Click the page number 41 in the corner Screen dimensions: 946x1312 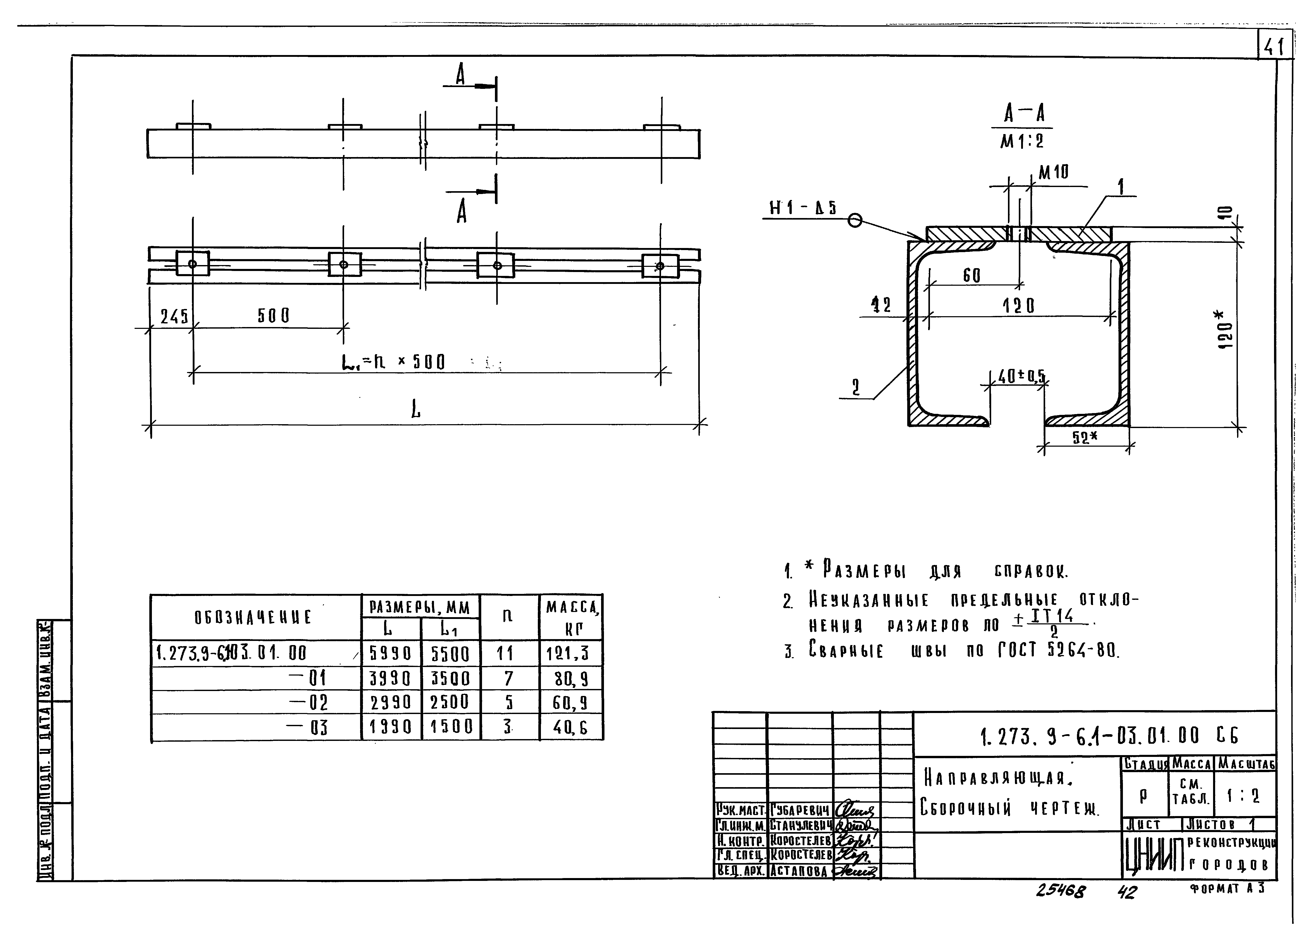[1274, 46]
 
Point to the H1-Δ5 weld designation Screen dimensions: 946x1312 [802, 208]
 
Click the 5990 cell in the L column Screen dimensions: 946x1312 [391, 654]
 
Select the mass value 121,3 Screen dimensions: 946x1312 [568, 654]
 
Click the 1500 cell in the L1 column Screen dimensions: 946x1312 [451, 727]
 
